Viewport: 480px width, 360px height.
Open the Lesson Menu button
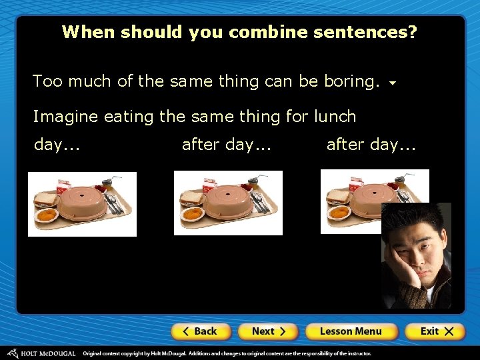coord(351,331)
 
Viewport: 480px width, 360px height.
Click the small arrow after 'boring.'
coord(393,84)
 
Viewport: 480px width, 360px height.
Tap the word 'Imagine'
coord(66,117)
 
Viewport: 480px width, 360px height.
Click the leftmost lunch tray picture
coord(82,204)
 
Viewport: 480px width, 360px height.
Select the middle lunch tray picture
coord(228,203)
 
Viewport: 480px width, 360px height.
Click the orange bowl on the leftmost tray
coord(47,215)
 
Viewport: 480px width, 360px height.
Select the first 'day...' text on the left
coord(57,145)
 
